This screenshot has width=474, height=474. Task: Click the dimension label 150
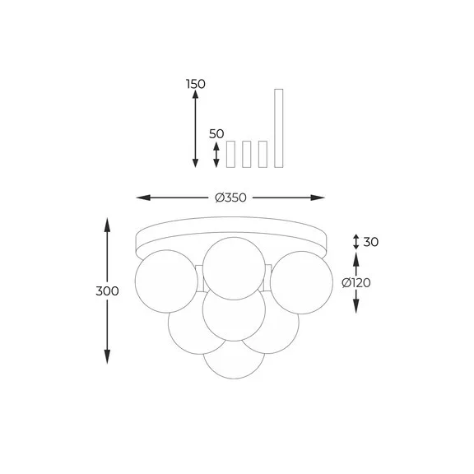click(x=196, y=84)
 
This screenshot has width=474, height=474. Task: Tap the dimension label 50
click(x=216, y=134)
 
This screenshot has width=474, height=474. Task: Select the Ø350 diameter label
click(x=230, y=197)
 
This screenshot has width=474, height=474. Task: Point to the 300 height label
click(x=107, y=291)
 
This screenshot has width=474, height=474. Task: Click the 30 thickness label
click(x=370, y=242)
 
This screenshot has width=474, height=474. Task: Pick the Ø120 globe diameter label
click(x=356, y=283)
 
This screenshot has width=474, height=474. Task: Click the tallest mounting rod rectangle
click(x=279, y=128)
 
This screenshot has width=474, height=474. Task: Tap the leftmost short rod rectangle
click(x=230, y=154)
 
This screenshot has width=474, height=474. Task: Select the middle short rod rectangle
click(x=247, y=154)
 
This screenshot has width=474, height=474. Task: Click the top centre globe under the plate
click(x=234, y=268)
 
